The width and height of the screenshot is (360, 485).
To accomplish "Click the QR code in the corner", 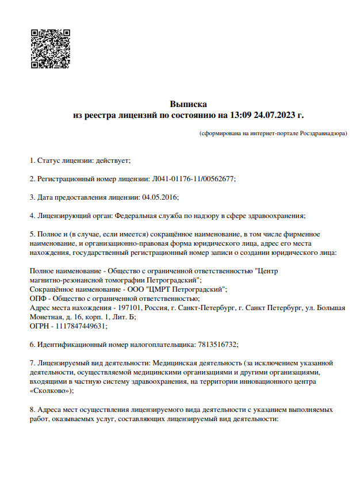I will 50,48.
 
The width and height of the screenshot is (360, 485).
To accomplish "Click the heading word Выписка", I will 188,104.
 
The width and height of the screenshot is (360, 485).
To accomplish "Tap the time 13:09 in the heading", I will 240,115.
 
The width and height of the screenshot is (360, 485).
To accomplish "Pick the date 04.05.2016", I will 159,197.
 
